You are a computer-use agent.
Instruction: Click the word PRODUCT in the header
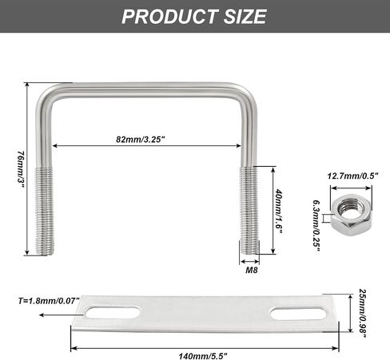[169, 17]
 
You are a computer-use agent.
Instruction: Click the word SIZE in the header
[245, 17]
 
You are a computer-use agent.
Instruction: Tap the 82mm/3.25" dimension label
[141, 139]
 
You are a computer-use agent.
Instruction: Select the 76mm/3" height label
[21, 169]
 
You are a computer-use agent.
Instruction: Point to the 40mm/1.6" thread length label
[278, 212]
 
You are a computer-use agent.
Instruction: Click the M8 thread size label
[252, 270]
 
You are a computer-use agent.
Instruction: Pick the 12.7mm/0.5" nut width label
[352, 176]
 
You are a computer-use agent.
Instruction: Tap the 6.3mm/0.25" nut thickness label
[316, 226]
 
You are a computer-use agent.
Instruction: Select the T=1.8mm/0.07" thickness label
[49, 301]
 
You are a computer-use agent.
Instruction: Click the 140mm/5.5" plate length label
[203, 356]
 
